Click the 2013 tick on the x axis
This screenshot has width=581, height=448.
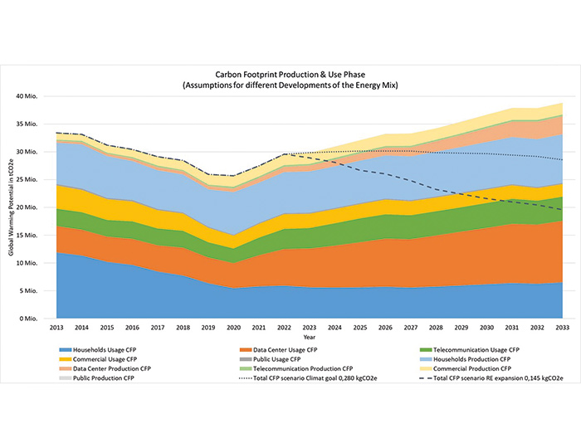[x=56, y=329]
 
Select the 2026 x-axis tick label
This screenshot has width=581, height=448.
[x=388, y=329]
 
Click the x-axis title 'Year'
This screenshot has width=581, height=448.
[x=309, y=338]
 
